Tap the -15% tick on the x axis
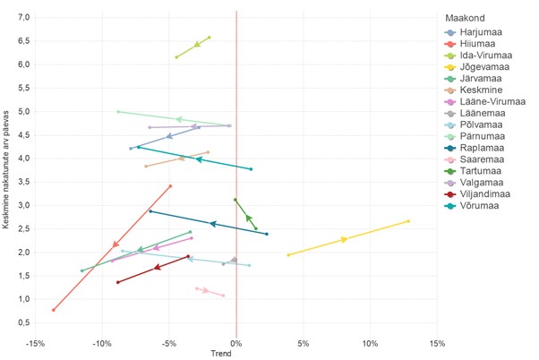(x=35, y=343)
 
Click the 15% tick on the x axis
(x=437, y=343)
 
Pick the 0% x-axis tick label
(x=236, y=343)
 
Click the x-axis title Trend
(x=220, y=354)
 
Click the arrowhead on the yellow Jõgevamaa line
(x=344, y=239)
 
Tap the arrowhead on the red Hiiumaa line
(x=115, y=244)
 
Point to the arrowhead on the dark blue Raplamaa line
(x=212, y=223)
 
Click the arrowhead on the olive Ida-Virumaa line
(x=197, y=44)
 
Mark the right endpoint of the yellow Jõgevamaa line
(x=408, y=221)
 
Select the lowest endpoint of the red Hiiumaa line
(x=54, y=310)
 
